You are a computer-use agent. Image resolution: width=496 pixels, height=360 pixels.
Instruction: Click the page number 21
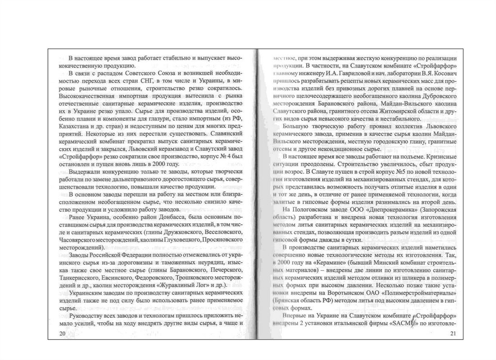point(453,334)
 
